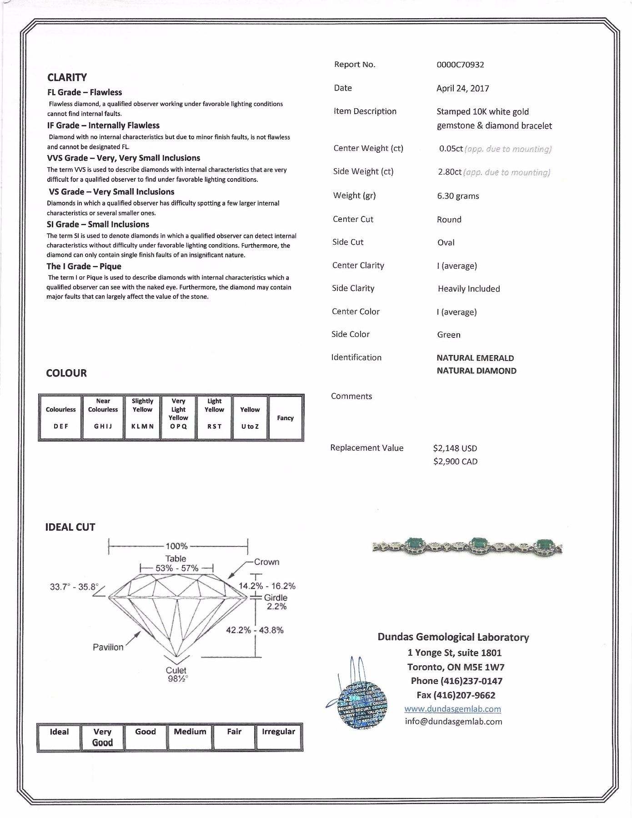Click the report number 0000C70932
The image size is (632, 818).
coord(460,65)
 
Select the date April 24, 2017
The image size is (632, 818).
coord(462,88)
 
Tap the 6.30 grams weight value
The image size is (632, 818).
coord(458,196)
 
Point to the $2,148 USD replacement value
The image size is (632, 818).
coord(455,448)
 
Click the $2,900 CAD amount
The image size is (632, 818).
coord(455,462)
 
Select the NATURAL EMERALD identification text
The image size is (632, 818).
coord(475,358)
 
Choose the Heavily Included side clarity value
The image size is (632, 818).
coord(469,289)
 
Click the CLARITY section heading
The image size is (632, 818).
coord(67,77)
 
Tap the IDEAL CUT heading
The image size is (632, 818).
coord(70,527)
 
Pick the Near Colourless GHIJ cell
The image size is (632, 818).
coord(103,417)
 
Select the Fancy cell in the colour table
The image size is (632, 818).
coord(286,418)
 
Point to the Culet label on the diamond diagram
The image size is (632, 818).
coord(176,670)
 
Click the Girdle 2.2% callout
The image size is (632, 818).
coord(276,602)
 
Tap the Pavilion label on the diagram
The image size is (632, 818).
coord(108,647)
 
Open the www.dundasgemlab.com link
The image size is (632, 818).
coord(452,709)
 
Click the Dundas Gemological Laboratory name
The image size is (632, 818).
coord(453,637)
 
